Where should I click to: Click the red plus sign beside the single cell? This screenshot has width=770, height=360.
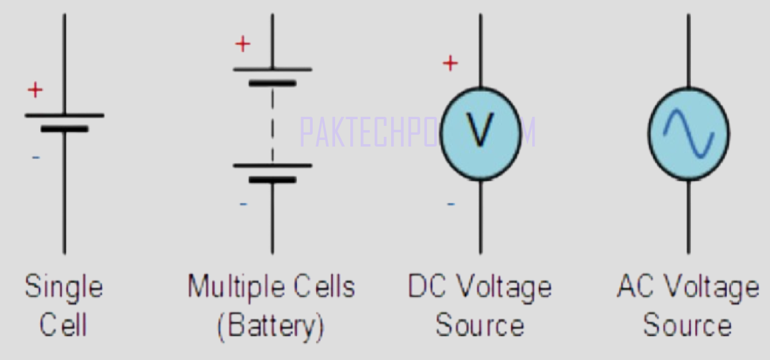(35, 91)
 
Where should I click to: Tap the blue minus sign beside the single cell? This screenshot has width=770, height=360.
(36, 157)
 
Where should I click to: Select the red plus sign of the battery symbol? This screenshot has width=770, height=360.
(243, 44)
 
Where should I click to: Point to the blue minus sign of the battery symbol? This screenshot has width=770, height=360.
(243, 203)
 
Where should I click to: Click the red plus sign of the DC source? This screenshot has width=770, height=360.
(450, 63)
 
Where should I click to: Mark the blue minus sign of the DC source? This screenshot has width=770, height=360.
(451, 204)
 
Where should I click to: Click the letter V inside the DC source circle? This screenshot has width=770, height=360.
(480, 131)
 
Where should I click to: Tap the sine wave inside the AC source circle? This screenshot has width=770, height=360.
(688, 134)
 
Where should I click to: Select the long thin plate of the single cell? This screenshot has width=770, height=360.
(64, 115)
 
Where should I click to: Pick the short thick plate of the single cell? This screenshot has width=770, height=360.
(64, 129)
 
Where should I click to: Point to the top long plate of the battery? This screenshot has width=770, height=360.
(272, 69)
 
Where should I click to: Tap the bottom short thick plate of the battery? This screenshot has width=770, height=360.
(272, 179)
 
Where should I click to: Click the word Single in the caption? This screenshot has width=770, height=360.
(64, 287)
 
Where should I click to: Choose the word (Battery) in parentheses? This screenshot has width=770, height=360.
(271, 326)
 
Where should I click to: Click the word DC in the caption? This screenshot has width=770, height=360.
(426, 286)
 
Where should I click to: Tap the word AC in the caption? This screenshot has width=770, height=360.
(634, 286)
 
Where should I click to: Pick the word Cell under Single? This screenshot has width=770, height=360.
(63, 325)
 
